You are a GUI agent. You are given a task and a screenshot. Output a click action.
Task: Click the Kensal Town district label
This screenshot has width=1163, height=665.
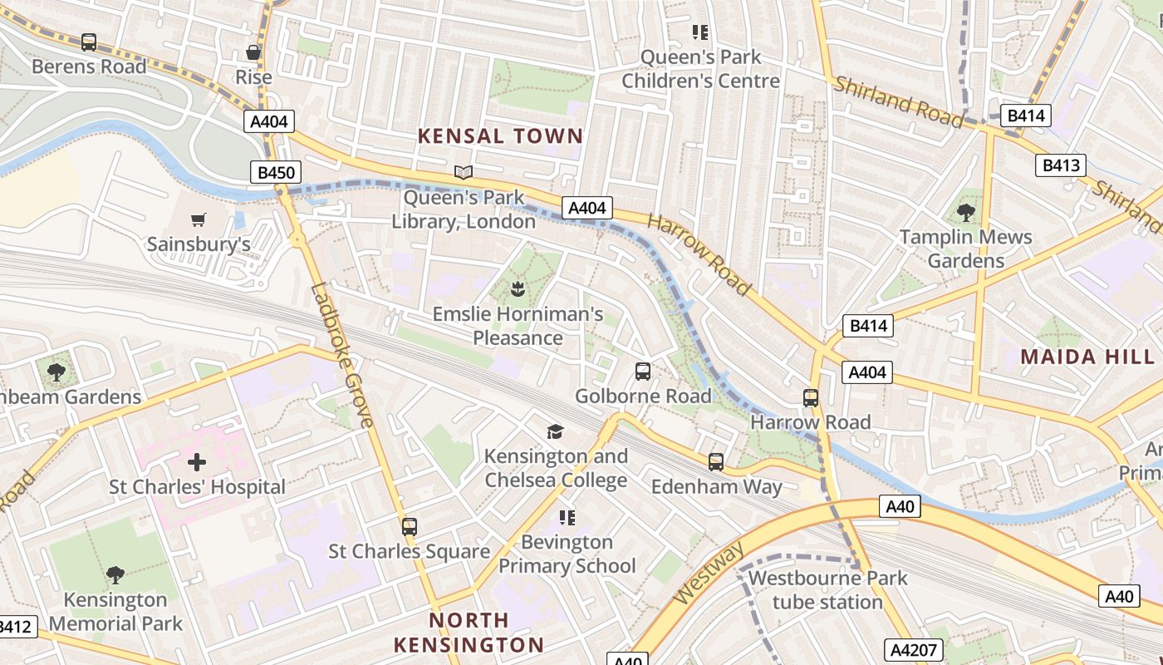pos(499,136)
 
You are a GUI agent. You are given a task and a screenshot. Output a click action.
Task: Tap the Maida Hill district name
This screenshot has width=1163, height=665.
pos(1087,357)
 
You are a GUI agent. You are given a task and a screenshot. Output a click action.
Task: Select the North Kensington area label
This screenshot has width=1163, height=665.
pos(469,632)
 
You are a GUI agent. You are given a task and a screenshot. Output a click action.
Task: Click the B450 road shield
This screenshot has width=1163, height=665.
pos(274,173)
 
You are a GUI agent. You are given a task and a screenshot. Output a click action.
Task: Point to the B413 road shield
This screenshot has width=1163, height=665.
pos(1061,165)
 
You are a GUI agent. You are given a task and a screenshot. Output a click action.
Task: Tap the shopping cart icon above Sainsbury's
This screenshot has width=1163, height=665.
pos(198,220)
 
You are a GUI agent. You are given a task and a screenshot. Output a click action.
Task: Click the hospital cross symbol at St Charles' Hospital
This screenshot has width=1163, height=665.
pos(197,462)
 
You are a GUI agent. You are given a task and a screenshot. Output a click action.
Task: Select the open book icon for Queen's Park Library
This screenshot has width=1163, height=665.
pos(464,173)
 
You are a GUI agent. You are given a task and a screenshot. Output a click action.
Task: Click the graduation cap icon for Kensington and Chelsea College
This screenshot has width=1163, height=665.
pos(555,431)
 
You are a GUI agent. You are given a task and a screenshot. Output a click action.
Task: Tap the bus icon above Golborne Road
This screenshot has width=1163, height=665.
pos(643,372)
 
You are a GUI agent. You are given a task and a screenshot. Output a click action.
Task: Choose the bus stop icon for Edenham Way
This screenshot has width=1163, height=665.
pos(716,462)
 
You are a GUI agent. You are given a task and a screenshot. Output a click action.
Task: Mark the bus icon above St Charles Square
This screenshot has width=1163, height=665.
pos(409,527)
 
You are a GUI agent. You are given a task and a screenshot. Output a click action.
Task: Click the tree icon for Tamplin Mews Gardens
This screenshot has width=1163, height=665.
pos(966,212)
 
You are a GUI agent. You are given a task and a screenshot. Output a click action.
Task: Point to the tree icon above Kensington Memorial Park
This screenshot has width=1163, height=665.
pos(115,574)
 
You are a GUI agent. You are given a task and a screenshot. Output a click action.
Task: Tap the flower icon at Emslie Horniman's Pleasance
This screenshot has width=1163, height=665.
pos(517,290)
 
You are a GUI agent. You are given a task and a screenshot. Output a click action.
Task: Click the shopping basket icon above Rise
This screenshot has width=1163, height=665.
pos(253,53)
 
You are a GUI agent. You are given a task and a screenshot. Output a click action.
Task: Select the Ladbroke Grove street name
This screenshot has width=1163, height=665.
pos(342,356)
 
